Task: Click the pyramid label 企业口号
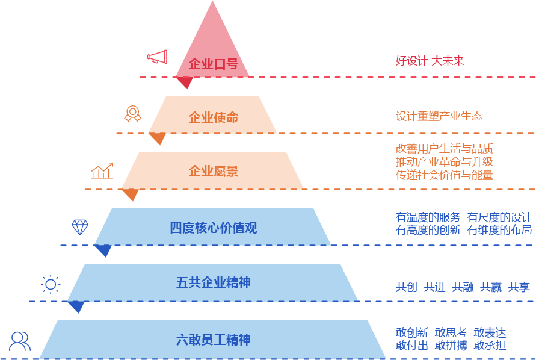click(214, 64)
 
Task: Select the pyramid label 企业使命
click(214, 117)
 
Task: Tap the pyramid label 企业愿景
click(214, 171)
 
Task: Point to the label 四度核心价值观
click(214, 228)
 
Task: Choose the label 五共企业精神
click(214, 282)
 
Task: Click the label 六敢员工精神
click(214, 340)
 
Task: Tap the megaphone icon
click(157, 57)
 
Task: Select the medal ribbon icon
click(132, 113)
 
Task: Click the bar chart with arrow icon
click(102, 171)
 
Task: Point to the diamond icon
click(80, 227)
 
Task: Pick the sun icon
click(51, 284)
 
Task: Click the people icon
click(20, 341)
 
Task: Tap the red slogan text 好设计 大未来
click(430, 61)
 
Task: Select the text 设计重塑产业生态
click(439, 116)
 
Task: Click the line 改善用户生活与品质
click(445, 148)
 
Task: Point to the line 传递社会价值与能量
click(445, 175)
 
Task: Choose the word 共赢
click(490, 287)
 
